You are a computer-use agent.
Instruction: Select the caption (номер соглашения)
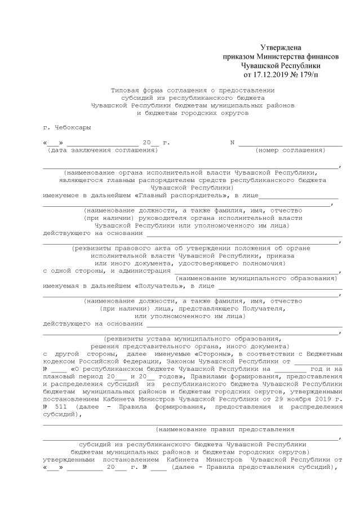pyautogui.click(x=290, y=150)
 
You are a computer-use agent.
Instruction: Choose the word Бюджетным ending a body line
pyautogui.click(x=320, y=354)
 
